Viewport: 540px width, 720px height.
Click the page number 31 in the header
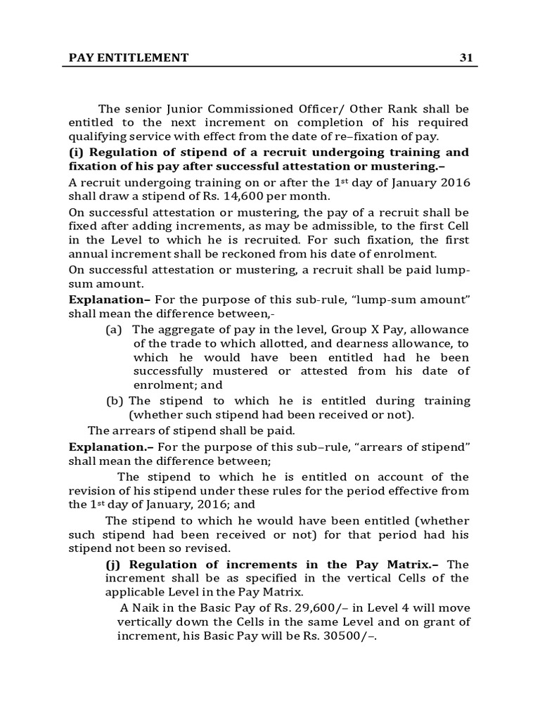[x=465, y=58]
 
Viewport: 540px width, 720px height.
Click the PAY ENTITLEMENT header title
[x=129, y=58]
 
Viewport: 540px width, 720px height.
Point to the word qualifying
[x=94, y=137]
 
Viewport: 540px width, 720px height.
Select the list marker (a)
[x=114, y=330]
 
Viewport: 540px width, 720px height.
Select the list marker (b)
[x=114, y=401]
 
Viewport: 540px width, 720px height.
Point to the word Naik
[x=143, y=607]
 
